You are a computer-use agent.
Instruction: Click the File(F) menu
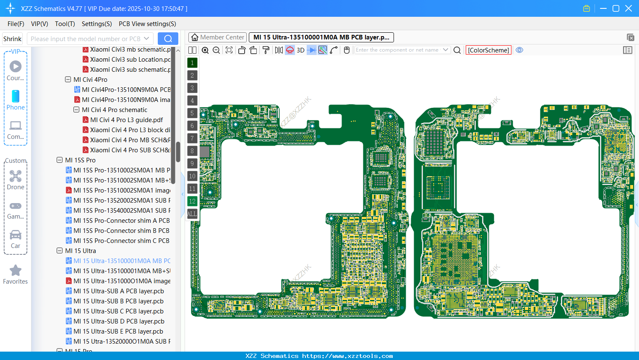[x=16, y=24]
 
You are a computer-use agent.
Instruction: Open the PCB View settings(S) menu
[x=147, y=24]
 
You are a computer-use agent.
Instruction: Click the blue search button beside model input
[x=168, y=39]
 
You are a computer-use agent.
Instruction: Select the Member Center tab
[x=217, y=37]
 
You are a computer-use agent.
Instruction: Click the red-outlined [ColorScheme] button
[x=488, y=50]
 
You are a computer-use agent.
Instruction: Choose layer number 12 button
[x=192, y=201]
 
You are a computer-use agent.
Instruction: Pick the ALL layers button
[x=192, y=214]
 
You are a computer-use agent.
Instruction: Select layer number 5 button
[x=192, y=113]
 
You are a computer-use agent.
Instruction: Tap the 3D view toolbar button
[x=300, y=50]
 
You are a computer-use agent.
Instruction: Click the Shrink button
[x=12, y=39]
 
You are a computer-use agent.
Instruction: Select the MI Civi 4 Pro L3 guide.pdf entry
[x=126, y=120]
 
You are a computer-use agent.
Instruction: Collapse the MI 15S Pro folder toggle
[x=60, y=160]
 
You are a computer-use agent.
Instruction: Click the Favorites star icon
[x=16, y=271]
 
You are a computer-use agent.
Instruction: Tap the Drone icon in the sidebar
[x=16, y=176]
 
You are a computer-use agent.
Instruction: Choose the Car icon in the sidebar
[x=16, y=235]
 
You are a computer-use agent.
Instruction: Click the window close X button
[x=629, y=8]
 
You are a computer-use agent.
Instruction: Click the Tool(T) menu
[x=65, y=24]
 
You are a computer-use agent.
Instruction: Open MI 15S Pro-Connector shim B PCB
[x=121, y=231]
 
